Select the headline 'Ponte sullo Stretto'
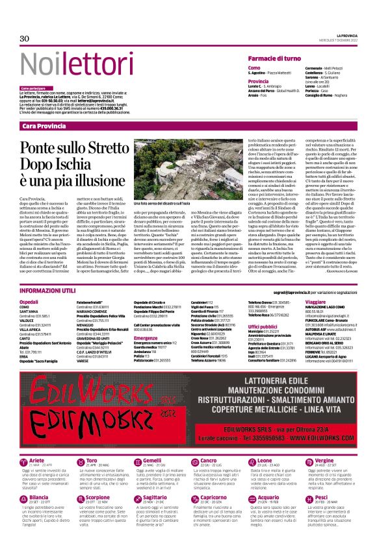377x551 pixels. [x=70, y=148]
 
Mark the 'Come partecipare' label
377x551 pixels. [x=33, y=88]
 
